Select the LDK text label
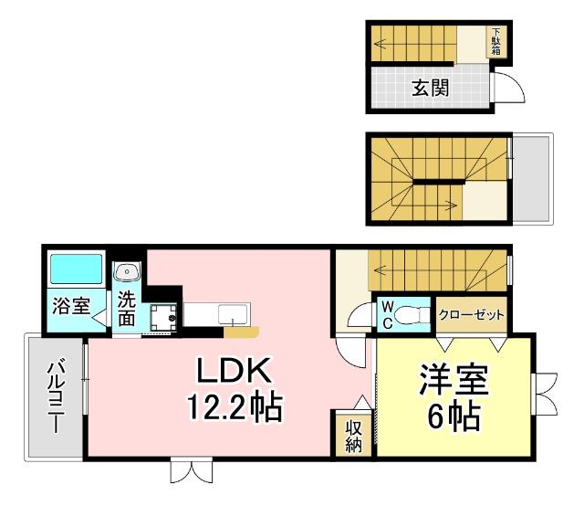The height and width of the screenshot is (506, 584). point(231,371)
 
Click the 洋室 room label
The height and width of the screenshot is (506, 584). point(454,381)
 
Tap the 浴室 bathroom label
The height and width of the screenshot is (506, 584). point(69,306)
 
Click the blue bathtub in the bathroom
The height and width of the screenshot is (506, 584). point(76,270)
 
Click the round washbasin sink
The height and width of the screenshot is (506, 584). point(127,271)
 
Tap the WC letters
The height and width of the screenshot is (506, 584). point(386,314)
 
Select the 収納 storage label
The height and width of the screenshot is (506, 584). point(353,435)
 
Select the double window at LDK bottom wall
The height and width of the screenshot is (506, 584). point(193,470)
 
